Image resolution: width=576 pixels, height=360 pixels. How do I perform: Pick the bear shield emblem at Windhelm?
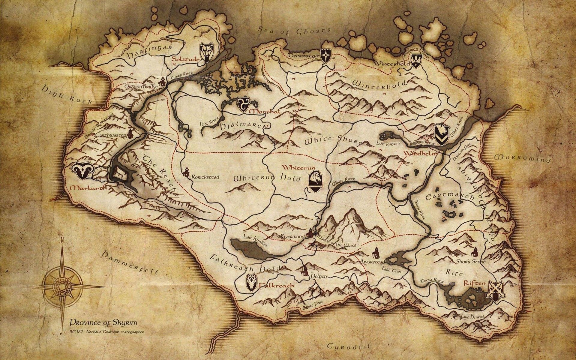pyautogui.click(x=442, y=135)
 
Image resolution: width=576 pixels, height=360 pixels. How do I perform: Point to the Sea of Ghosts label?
pyautogui.click(x=294, y=30)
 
